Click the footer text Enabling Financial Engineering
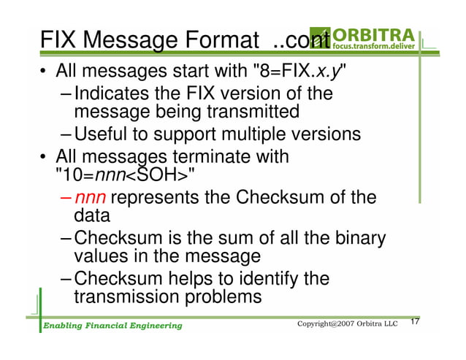111,325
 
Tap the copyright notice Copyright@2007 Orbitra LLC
347,323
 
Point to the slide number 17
416,322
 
